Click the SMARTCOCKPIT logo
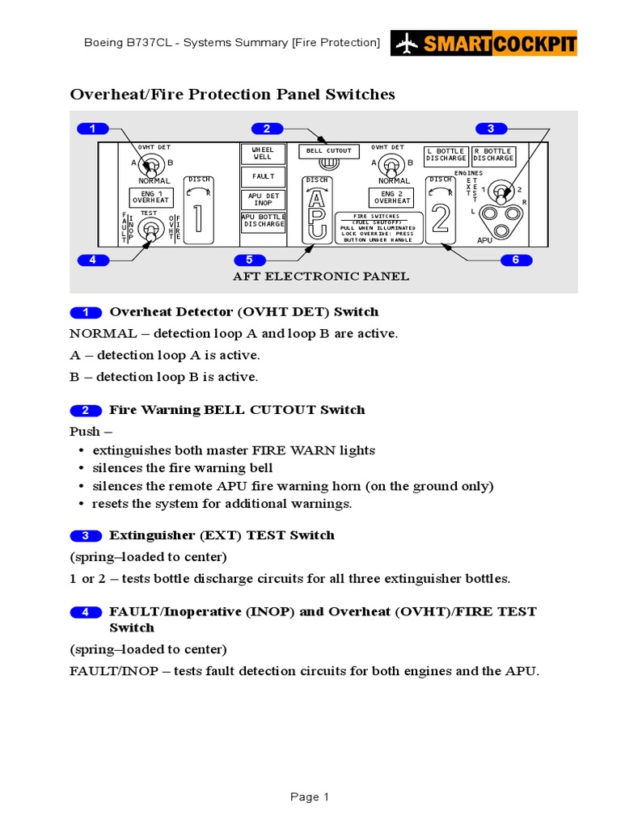(484, 43)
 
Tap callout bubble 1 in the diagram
(93, 129)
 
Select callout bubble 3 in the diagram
(491, 129)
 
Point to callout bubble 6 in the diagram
(516, 260)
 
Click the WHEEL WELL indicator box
(263, 154)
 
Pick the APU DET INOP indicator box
(263, 199)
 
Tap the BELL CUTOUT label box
(329, 151)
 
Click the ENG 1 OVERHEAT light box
(150, 196)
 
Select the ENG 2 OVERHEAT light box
(392, 196)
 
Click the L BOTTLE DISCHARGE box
(446, 154)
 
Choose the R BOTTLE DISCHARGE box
(493, 154)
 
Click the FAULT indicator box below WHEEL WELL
(263, 176)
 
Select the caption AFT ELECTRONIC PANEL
(321, 277)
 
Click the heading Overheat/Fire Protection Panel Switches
(233, 95)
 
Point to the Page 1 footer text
(310, 797)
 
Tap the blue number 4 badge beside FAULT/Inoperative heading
(86, 612)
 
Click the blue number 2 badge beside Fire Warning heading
(86, 410)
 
